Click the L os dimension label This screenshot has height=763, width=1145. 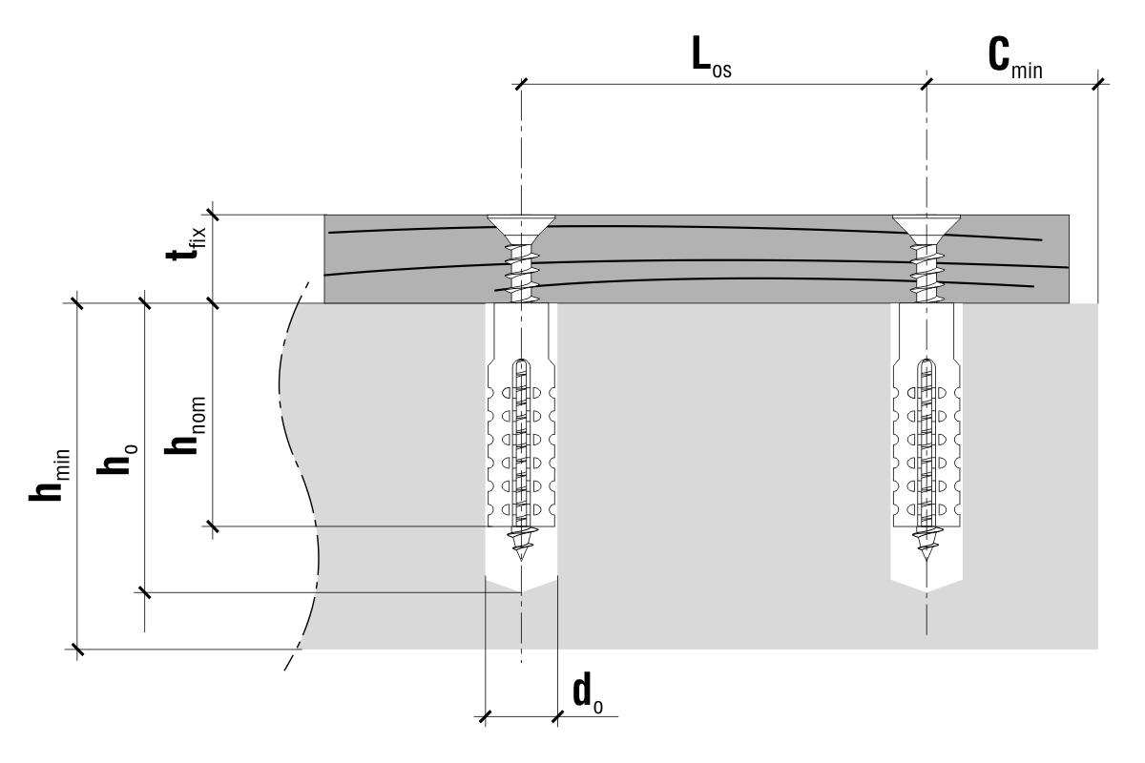click(x=711, y=56)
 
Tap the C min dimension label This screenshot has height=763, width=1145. click(x=1015, y=58)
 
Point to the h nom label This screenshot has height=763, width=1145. click(x=185, y=425)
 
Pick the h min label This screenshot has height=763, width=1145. click(x=49, y=475)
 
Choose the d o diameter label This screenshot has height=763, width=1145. click(x=588, y=693)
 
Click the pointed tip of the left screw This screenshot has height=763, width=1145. click(x=521, y=560)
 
